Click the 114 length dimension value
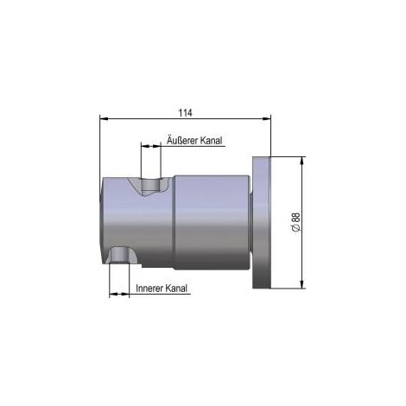coord(185,112)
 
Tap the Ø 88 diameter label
coord(295,222)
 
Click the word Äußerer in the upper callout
coord(182,140)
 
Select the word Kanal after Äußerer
coord(212,141)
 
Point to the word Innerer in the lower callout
coord(149,289)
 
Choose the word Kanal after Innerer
coord(176,289)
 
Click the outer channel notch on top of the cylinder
coord(150,187)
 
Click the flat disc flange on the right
coord(262,223)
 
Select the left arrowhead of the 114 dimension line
coord(104,118)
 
